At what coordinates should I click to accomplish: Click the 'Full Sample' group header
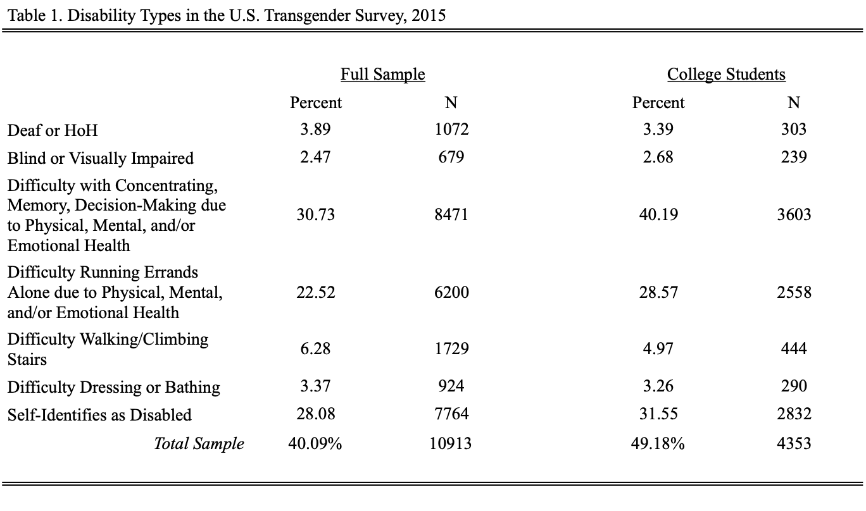(382, 74)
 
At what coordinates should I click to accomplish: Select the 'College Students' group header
(726, 74)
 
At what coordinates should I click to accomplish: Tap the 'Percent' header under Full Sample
(316, 102)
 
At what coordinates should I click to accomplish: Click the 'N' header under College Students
(794, 102)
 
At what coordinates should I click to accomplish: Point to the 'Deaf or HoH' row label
(53, 130)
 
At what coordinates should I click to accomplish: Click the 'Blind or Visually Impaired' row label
(101, 158)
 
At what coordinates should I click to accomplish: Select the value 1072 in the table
(451, 129)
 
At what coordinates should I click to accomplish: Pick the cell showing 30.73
(315, 214)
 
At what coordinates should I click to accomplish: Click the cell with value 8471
(451, 214)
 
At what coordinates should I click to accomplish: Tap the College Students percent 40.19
(658, 214)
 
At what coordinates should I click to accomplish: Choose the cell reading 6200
(451, 292)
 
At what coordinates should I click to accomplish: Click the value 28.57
(658, 292)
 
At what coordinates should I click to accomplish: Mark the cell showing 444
(794, 348)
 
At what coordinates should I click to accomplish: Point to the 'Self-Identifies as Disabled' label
(99, 415)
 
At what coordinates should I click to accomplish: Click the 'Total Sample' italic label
(199, 443)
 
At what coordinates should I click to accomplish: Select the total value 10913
(450, 443)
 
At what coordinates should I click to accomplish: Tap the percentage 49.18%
(658, 443)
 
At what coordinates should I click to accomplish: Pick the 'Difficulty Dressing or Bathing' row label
(114, 387)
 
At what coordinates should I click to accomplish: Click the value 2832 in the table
(794, 414)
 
